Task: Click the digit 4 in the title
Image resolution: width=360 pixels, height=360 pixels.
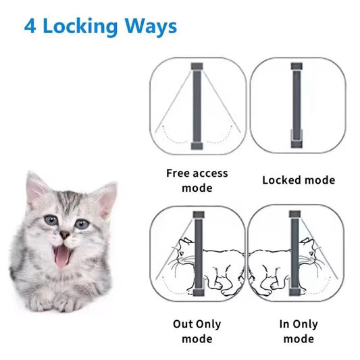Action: click(x=30, y=26)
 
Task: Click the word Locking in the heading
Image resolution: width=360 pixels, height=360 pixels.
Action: click(x=80, y=27)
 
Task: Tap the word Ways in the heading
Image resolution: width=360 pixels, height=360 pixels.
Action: click(x=151, y=27)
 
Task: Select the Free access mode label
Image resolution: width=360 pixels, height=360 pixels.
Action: click(x=197, y=180)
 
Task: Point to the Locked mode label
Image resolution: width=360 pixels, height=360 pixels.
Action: click(x=299, y=180)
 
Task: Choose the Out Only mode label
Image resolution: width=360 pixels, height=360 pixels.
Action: click(x=197, y=332)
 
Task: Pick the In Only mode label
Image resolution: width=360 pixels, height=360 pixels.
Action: click(x=299, y=332)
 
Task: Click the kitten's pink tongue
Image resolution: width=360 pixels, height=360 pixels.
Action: click(x=62, y=257)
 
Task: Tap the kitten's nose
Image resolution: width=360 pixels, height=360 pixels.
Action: click(x=65, y=234)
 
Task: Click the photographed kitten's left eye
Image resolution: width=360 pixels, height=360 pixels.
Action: click(x=51, y=220)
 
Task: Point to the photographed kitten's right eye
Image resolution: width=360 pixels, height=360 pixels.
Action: click(x=82, y=224)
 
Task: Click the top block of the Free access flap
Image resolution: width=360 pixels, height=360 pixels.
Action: click(x=197, y=66)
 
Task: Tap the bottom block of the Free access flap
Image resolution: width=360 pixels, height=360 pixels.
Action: click(x=197, y=146)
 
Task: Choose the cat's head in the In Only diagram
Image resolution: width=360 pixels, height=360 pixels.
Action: click(x=309, y=251)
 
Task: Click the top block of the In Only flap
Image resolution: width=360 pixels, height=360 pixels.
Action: click(x=295, y=214)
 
